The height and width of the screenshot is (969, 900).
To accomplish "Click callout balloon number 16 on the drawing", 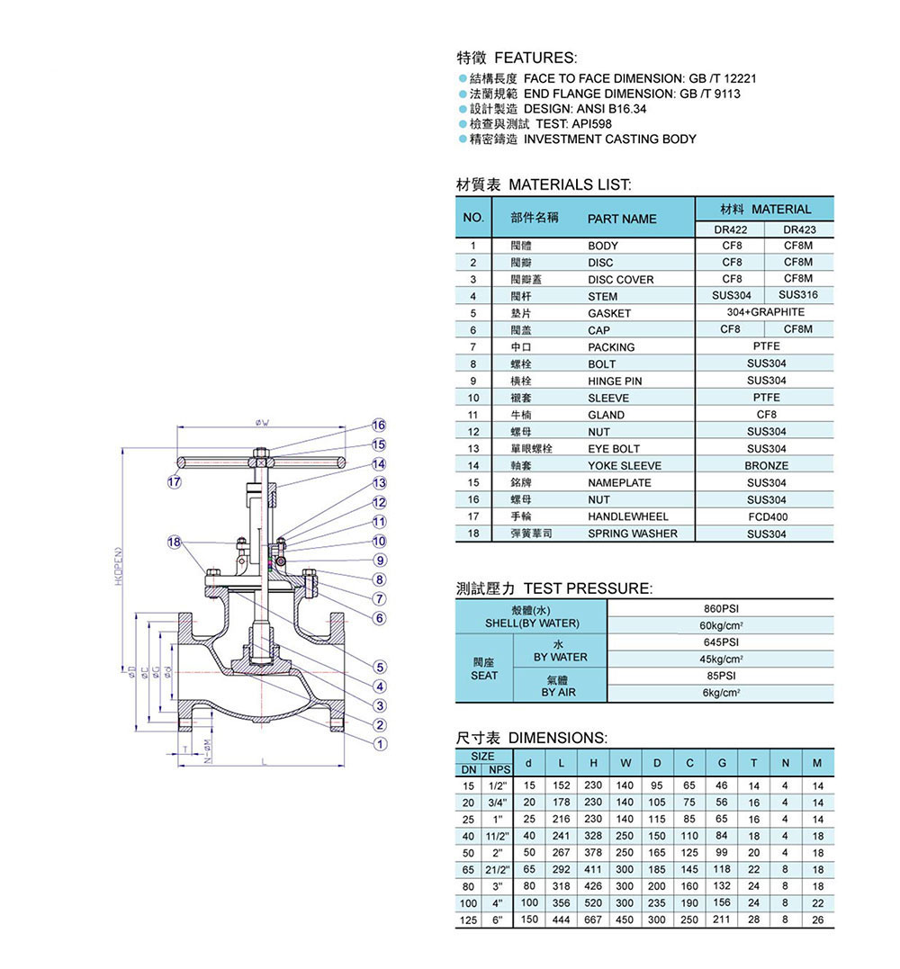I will (x=379, y=425).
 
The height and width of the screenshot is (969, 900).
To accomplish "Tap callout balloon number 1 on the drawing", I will (x=380, y=744).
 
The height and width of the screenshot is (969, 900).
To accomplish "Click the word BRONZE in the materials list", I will (x=766, y=465).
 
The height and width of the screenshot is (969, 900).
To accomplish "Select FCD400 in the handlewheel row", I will (x=766, y=516).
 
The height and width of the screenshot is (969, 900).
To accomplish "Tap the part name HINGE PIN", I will (x=615, y=381).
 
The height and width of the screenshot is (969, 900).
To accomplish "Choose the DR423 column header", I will (x=799, y=229).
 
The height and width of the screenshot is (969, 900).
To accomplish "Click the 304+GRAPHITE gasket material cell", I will (x=766, y=312).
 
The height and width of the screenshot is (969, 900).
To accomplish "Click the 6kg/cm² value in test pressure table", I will (x=720, y=694).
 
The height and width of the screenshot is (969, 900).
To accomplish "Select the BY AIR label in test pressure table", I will (x=558, y=692).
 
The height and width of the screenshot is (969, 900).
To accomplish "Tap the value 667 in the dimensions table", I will (x=592, y=920).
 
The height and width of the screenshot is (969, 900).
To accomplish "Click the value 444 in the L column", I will (x=561, y=920).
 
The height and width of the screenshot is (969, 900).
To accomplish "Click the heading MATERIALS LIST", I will (x=570, y=185).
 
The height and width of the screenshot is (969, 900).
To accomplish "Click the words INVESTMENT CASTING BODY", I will (x=610, y=139).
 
